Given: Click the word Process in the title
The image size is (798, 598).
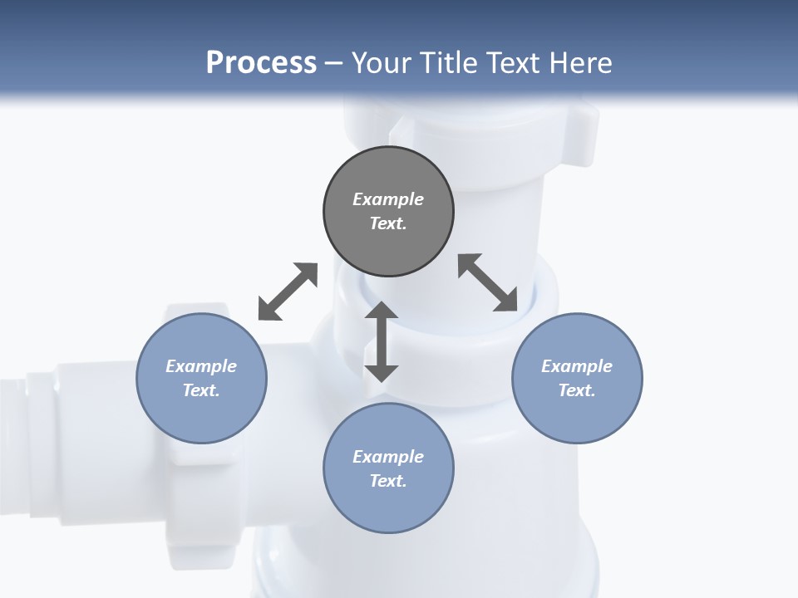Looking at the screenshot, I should coord(261,63).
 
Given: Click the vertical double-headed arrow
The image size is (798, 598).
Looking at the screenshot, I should coord(382,341).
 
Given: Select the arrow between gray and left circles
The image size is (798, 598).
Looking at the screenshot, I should coord(288,292).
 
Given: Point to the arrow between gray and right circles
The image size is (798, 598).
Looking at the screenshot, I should coord(488,283).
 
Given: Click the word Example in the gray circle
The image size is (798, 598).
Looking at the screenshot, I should coord(388,199).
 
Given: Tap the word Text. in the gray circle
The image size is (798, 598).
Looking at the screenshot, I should coord(388,223).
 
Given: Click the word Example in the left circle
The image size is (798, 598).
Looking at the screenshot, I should coord(201,366).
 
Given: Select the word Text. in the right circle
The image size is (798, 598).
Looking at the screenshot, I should coord(577,390).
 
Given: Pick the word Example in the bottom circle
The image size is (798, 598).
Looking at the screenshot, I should coord(388,457).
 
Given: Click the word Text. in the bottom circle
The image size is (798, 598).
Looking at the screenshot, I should coord(388,481).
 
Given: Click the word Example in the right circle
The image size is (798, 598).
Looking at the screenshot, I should coord(577,366).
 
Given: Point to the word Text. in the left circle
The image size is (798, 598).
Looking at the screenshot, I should coord(201,390).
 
